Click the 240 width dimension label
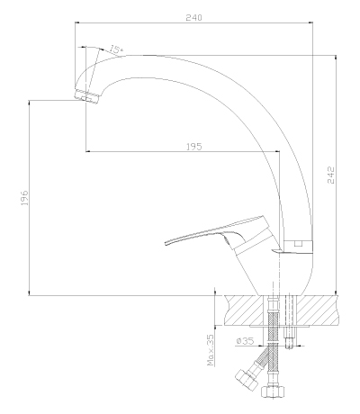[193, 18]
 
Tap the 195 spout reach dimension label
[194, 147]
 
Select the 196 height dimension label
[24, 197]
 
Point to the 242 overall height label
[330, 175]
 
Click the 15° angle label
[116, 49]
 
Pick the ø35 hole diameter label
[245, 341]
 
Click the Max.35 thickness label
[211, 350]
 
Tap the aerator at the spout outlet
[86, 96]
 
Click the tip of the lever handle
[166, 243]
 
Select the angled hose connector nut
[247, 380]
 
